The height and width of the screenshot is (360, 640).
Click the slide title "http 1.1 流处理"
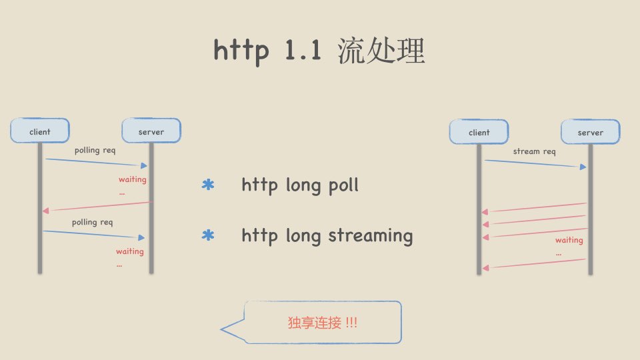[319, 51]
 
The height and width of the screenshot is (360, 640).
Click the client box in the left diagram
[40, 131]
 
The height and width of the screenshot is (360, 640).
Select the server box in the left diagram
[151, 131]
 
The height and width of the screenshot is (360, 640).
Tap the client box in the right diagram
[479, 132]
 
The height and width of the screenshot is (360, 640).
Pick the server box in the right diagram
[590, 132]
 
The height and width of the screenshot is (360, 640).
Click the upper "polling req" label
[95, 151]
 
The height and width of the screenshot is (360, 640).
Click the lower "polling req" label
[93, 222]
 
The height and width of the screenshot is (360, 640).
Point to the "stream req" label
[534, 151]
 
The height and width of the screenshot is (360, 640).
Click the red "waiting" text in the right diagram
[569, 240]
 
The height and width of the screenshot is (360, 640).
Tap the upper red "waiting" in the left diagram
[132, 179]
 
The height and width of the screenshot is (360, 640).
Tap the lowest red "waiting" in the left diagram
[129, 251]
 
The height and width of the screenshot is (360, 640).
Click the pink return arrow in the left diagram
[98, 206]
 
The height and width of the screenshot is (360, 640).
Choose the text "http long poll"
[300, 185]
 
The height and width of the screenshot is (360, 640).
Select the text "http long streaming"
[327, 235]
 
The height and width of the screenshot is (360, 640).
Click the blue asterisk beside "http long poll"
[208, 185]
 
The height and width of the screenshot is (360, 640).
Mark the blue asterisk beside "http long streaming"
[208, 236]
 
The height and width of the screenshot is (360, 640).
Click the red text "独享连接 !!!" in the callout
[323, 323]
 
